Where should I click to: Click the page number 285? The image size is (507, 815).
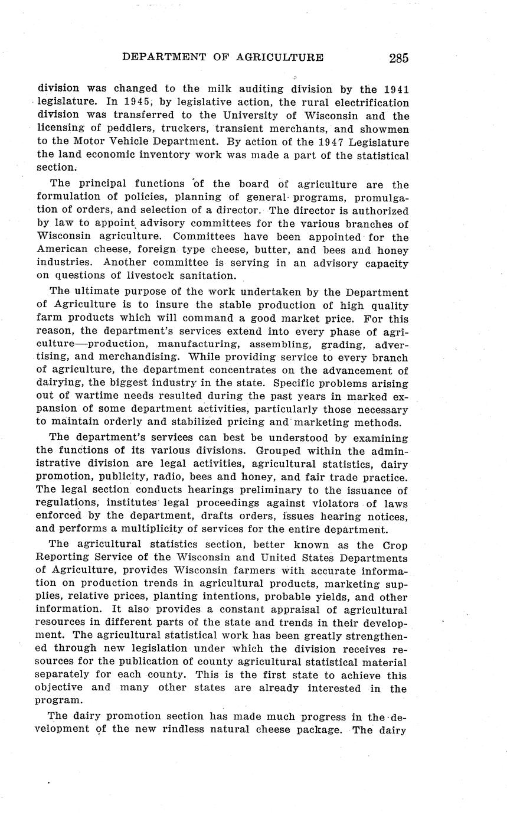click(398, 58)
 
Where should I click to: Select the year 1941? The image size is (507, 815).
click(395, 89)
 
